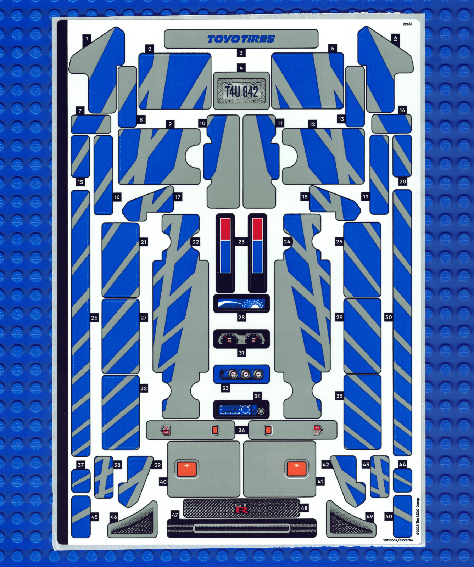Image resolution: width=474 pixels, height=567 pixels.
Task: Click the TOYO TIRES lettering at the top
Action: [241, 39]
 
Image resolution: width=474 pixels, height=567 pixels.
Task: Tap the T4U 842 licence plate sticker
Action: [241, 91]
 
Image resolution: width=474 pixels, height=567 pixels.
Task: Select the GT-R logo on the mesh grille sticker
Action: [241, 508]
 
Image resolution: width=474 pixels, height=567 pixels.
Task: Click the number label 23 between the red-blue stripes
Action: [241, 242]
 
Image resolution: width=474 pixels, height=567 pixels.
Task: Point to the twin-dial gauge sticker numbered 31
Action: [241, 339]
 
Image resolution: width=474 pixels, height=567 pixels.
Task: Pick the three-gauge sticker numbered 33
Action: [241, 374]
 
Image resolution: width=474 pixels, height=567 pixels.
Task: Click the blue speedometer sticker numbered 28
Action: [241, 304]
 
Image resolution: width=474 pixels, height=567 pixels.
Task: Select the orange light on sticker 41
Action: [296, 469]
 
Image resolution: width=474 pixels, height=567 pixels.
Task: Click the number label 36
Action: [241, 430]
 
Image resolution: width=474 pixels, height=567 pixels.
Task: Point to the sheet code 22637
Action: [407, 24]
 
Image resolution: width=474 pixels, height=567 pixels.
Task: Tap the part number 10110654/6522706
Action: [398, 540]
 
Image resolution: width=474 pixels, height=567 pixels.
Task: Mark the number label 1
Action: [87, 38]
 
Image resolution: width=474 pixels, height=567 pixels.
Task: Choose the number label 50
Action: [389, 516]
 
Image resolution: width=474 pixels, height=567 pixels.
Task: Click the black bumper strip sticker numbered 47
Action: [241, 528]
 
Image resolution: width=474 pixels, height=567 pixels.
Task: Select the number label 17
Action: [178, 197]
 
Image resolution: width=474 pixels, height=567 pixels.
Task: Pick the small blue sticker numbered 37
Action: [80, 481]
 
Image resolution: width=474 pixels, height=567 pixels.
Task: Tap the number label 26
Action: [94, 318]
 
